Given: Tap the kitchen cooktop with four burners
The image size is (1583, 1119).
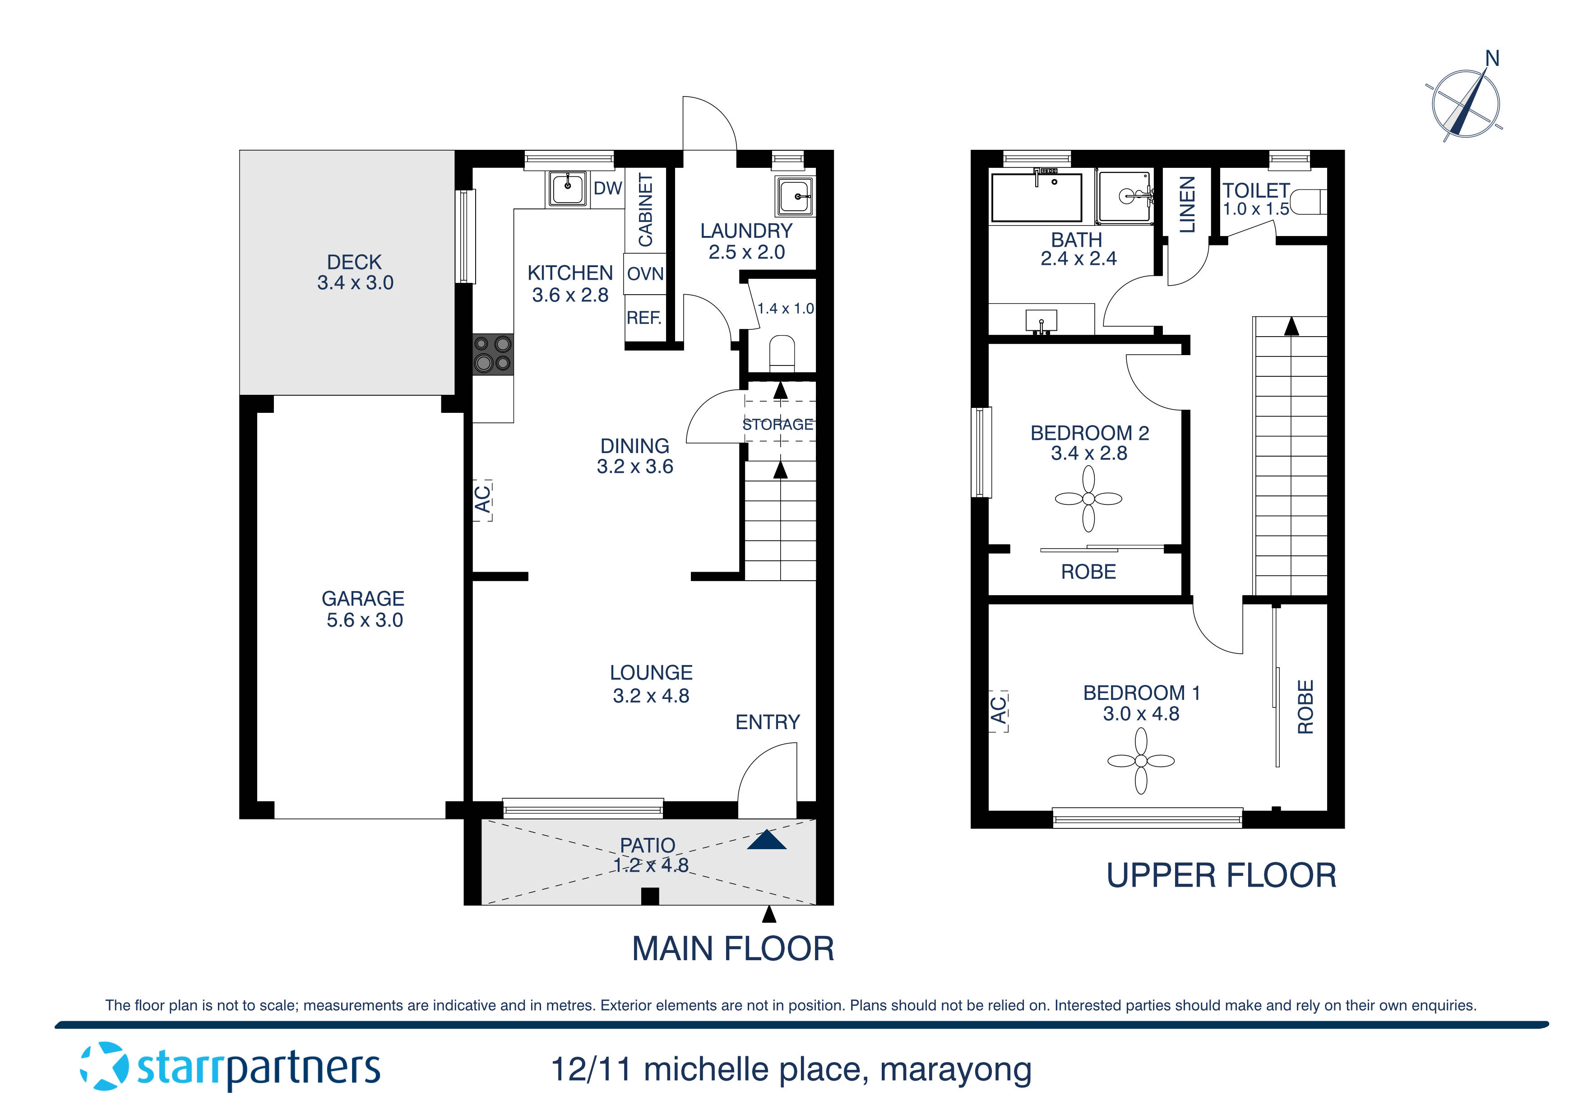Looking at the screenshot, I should tap(492, 354).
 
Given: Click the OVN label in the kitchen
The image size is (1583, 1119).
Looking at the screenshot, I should tap(645, 274).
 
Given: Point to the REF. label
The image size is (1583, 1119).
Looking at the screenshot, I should tap(643, 318).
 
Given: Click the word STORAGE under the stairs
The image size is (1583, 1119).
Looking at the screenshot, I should tap(777, 424).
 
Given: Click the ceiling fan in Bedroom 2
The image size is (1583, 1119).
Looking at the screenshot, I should tap(1088, 499).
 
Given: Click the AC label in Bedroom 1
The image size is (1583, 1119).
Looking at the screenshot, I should tap(998, 711).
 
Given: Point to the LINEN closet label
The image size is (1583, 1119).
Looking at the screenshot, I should tap(1186, 205).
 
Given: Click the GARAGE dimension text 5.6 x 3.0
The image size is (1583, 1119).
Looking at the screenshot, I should tap(364, 620).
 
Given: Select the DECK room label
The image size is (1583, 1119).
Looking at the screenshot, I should tap(354, 262).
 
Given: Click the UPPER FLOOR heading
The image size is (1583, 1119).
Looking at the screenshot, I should tap(1221, 876).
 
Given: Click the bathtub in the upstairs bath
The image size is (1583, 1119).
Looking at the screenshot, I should tap(1036, 197).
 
